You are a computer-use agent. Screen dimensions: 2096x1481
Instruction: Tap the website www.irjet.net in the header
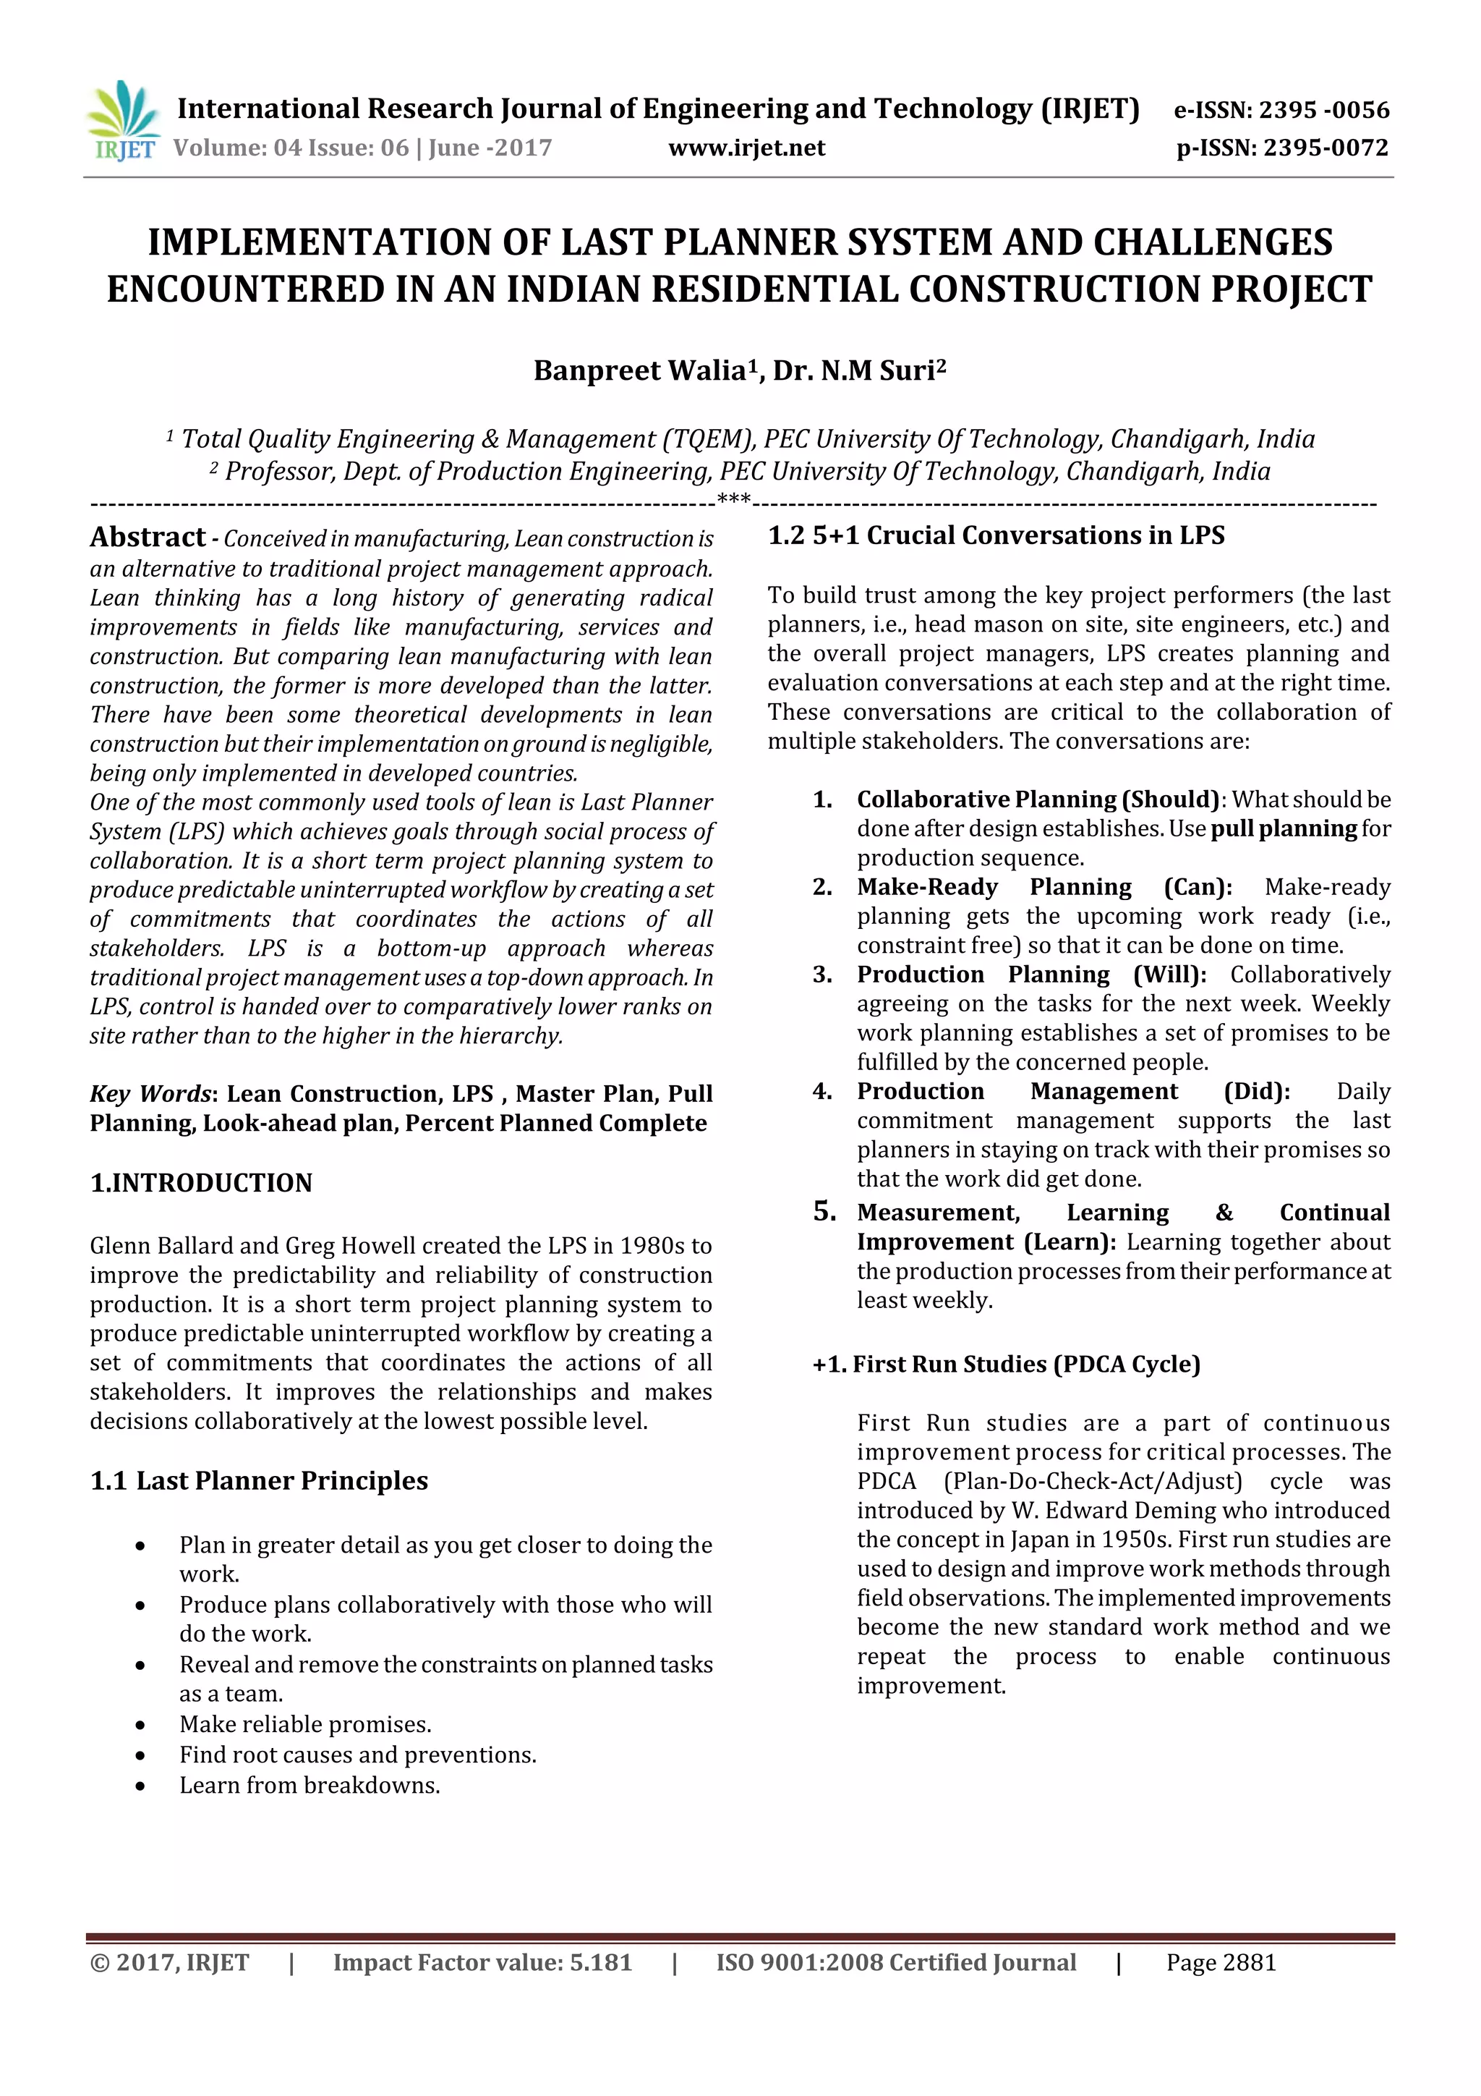tap(746, 148)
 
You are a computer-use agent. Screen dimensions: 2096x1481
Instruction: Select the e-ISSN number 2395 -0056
tap(1324, 111)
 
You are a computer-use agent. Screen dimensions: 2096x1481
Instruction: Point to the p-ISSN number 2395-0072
tap(1325, 148)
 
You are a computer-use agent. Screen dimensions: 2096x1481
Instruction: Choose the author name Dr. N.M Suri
tap(858, 370)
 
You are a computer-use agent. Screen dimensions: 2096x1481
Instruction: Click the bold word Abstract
tap(148, 537)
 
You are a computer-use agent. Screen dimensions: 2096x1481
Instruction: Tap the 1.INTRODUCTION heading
tap(201, 1183)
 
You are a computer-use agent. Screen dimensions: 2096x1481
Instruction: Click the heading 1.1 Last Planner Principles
tap(259, 1481)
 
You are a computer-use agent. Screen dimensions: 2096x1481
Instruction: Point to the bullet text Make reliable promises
tap(304, 1724)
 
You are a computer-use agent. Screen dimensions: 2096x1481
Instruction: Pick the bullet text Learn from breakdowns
tap(310, 1786)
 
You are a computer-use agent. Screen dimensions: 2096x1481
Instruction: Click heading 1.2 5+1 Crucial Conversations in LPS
tap(996, 536)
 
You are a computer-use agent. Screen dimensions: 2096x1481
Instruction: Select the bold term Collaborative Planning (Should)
tap(1038, 799)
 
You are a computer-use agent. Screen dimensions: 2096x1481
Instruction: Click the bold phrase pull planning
tap(1283, 829)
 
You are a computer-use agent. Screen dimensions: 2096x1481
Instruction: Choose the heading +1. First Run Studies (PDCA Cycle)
tap(1006, 1365)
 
